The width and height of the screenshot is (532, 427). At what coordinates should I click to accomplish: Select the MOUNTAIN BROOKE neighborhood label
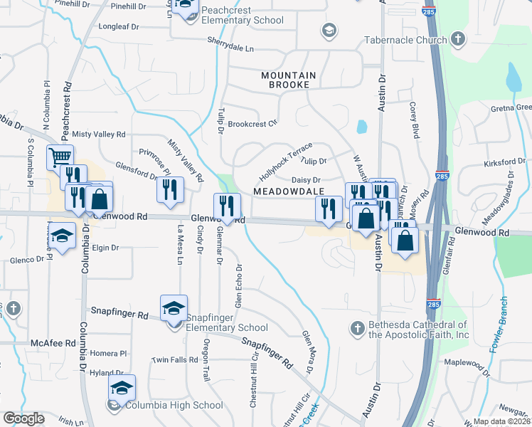pos(285,80)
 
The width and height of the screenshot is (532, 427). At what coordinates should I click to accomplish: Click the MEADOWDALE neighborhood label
pos(289,191)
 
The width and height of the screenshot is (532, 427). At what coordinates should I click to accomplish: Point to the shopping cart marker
pos(60,156)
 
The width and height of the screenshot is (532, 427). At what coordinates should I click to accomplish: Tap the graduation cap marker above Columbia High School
pos(122,387)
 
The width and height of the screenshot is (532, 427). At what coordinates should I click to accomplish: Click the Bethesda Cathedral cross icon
pos(357,328)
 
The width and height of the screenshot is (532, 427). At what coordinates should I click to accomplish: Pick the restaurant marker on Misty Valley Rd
pos(170,189)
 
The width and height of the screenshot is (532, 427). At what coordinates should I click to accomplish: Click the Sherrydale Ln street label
pos(230,48)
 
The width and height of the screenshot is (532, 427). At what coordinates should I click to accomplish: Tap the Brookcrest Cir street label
pos(252,124)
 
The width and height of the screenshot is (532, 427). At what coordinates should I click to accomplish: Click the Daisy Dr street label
pos(307,180)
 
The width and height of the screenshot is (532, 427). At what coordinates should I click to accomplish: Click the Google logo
pos(23,418)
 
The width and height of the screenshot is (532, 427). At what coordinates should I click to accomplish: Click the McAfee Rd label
pos(53,342)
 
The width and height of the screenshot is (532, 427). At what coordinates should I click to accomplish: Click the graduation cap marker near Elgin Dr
pos(62,238)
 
